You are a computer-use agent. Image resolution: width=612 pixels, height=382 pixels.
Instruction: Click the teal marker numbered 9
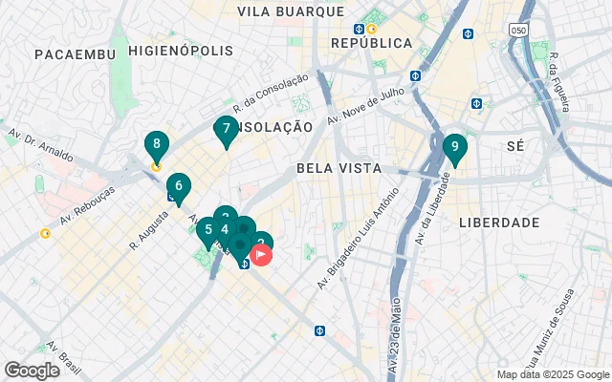coord(454,148)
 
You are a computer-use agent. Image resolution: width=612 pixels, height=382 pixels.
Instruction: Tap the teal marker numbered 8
coord(157,144)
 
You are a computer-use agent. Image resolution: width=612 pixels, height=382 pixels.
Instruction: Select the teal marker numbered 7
coord(226,129)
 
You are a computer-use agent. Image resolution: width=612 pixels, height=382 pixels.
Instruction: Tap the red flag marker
coord(261,255)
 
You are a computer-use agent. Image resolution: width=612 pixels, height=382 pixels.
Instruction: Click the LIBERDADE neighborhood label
coord(499,222)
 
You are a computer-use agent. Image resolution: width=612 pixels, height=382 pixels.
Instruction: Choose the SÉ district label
coord(515,145)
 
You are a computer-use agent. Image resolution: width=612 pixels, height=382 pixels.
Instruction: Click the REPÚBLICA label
coord(371,43)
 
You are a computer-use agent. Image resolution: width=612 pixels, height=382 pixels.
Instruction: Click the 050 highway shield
coord(517,30)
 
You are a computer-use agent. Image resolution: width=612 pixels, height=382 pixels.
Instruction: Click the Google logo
coord(32,371)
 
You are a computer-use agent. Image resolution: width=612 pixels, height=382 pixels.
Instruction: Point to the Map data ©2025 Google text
coord(552,374)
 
